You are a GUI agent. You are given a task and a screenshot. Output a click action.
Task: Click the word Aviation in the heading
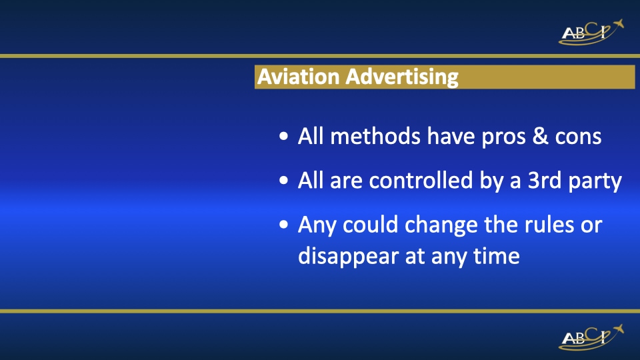click(x=299, y=76)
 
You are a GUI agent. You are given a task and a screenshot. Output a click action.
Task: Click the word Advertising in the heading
click(x=402, y=77)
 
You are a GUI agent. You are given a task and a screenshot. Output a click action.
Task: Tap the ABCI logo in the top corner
click(x=591, y=32)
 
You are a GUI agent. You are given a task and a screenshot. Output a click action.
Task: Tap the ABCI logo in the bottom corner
click(x=591, y=337)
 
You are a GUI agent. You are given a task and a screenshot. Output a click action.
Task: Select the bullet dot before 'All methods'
click(x=284, y=136)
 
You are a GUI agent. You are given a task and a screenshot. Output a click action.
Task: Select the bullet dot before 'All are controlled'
click(x=284, y=181)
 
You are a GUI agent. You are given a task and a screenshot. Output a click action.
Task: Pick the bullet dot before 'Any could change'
click(x=284, y=225)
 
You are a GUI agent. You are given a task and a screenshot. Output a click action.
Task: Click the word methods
click(x=375, y=136)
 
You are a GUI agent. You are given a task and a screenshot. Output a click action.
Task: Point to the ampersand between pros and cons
click(x=540, y=136)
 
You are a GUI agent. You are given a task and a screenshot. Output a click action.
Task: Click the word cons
click(x=578, y=137)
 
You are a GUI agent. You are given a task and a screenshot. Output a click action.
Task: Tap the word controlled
click(x=421, y=180)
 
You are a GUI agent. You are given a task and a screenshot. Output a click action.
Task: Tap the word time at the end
click(x=496, y=256)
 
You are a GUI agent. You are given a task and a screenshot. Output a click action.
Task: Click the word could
click(x=370, y=225)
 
